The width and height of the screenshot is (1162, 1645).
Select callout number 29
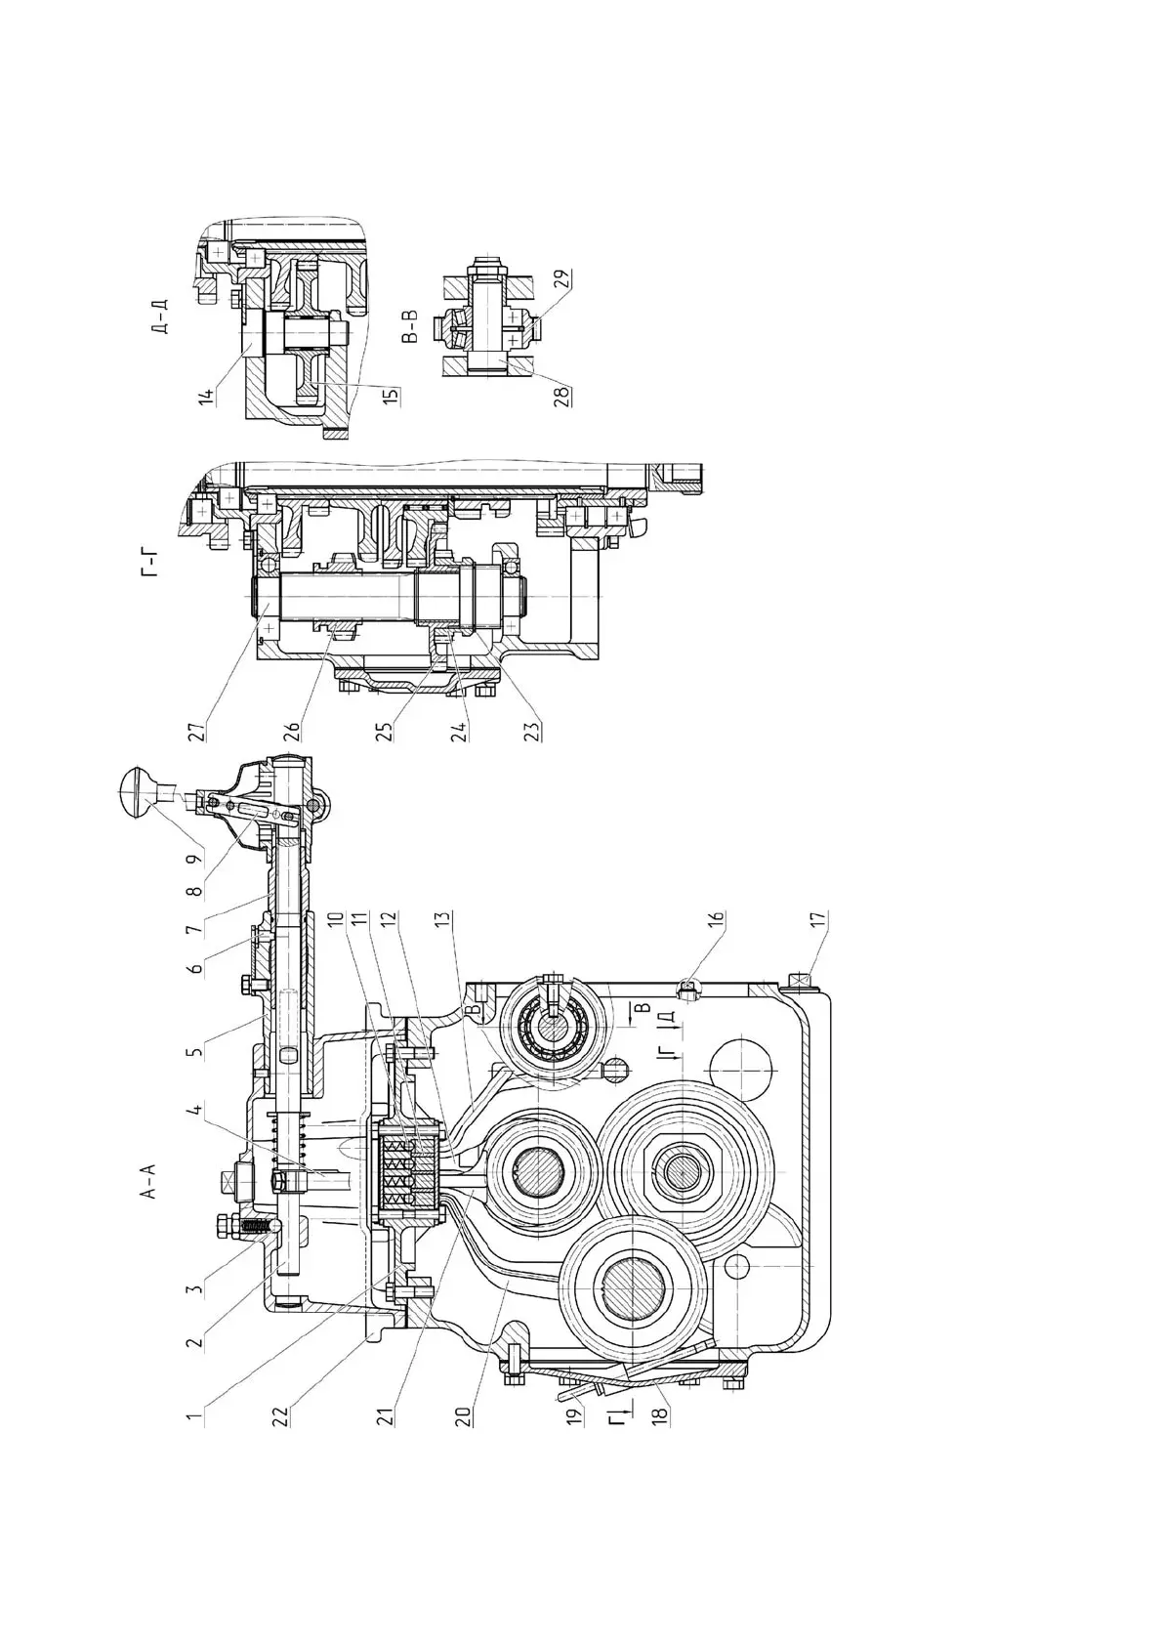pos(561,280)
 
